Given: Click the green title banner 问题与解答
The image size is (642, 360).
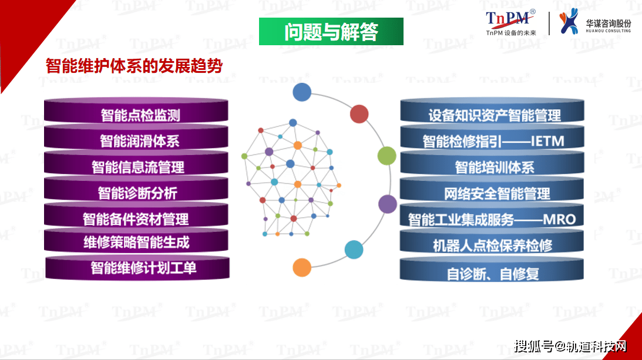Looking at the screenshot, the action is point(331,32).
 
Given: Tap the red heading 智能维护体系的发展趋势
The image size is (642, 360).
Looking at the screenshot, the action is point(134,66).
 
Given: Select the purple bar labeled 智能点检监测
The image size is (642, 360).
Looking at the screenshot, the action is point(136,110).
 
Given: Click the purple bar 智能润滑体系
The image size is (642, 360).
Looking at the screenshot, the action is point(136,137).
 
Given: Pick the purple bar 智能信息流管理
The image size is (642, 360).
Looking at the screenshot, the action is point(136,163).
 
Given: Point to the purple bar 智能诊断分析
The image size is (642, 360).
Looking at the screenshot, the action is point(136,189).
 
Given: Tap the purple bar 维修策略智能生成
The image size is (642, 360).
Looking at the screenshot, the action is point(136,240).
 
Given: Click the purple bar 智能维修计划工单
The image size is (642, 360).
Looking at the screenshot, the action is point(137,267).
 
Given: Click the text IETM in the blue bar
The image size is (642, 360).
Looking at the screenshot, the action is point(547,142).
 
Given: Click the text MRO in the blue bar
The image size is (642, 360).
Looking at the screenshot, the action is point(559,220).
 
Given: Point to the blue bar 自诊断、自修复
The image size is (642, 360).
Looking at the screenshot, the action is point(492,268).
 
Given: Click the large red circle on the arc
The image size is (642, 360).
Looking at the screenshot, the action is point(359,114).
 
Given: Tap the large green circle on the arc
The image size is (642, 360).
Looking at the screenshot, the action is point(386,156).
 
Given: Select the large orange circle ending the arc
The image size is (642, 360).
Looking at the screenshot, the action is point(302,267).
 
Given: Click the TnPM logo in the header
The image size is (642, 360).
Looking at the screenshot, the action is point(510,22).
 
